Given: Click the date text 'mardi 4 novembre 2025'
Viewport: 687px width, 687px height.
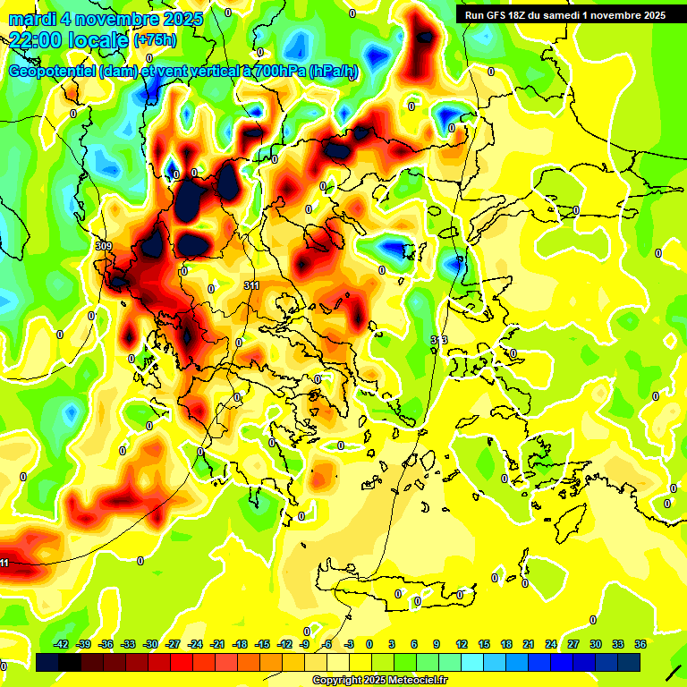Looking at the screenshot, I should [x=106, y=19].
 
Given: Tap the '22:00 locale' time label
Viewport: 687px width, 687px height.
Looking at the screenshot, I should [x=68, y=39].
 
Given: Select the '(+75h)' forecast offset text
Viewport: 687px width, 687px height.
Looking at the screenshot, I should [x=155, y=40].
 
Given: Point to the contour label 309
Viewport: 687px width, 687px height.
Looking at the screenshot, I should [x=103, y=245].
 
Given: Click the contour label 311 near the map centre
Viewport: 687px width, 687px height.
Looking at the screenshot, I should [x=251, y=284].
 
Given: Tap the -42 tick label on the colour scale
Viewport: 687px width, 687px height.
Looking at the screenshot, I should [x=62, y=643].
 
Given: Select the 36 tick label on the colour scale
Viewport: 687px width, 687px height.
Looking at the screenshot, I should [x=640, y=643].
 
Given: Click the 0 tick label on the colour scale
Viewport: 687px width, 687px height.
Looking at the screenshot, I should [x=369, y=643].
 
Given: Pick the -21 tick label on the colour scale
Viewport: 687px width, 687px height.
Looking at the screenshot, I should [x=217, y=643].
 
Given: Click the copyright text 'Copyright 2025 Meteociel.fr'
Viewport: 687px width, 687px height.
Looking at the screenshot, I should [x=379, y=680].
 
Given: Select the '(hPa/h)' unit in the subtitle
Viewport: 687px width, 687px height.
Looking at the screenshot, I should [x=334, y=72].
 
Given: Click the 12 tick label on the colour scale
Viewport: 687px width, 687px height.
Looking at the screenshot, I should [x=461, y=643].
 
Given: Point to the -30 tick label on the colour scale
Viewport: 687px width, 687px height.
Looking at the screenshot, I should [x=151, y=643].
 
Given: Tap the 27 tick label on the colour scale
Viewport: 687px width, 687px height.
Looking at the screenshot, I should [x=573, y=643].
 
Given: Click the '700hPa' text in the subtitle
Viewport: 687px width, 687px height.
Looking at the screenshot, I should [x=278, y=72].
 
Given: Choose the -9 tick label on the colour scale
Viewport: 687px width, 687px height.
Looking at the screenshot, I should [x=304, y=643].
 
